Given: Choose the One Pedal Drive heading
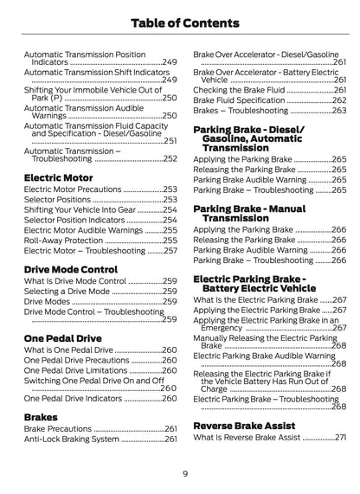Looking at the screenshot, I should (62, 338).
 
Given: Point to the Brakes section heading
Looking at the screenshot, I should (41, 416).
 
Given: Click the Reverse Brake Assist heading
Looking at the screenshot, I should (244, 426).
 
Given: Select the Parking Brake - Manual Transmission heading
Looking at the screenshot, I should (248, 213).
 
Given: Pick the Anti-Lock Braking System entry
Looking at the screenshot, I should (71, 439).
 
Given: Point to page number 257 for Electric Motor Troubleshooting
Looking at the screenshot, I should (170, 251).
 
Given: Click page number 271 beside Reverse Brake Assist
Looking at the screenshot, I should (340, 438).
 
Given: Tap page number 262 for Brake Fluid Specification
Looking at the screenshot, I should (339, 100).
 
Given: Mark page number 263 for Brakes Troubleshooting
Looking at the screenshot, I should (339, 111).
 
